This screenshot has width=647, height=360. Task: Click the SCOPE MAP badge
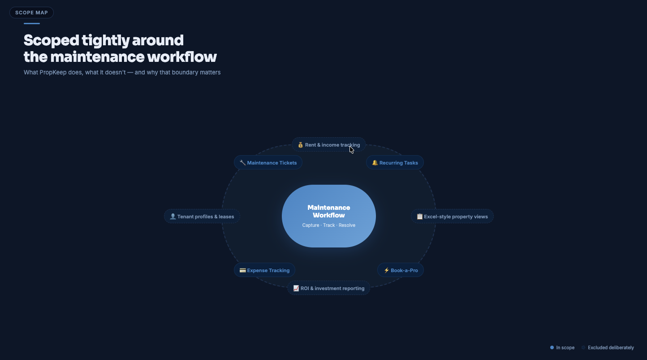(31, 13)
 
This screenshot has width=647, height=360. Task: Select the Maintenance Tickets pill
(268, 163)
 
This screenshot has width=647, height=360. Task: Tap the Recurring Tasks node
(395, 163)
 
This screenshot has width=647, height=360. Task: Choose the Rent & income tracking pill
(328, 145)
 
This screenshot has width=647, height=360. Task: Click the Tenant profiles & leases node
(202, 217)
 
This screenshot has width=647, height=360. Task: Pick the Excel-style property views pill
(452, 217)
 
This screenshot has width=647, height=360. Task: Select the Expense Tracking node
(264, 270)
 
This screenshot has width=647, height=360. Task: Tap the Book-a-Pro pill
(401, 270)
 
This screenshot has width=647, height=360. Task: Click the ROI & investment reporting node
(328, 288)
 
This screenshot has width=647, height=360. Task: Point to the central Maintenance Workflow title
(329, 211)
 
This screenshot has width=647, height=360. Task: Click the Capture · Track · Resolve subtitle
(329, 225)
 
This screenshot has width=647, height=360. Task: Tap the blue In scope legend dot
(552, 347)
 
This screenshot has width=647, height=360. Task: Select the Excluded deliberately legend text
(611, 347)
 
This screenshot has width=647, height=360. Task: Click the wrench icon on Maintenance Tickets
(242, 163)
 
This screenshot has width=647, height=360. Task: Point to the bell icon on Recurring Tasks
(375, 163)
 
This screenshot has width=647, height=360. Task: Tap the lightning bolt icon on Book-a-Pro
(386, 270)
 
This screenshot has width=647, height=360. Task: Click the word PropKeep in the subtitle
(53, 72)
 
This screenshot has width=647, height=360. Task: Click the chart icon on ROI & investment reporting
(296, 288)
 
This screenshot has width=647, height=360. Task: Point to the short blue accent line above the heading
(32, 23)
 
